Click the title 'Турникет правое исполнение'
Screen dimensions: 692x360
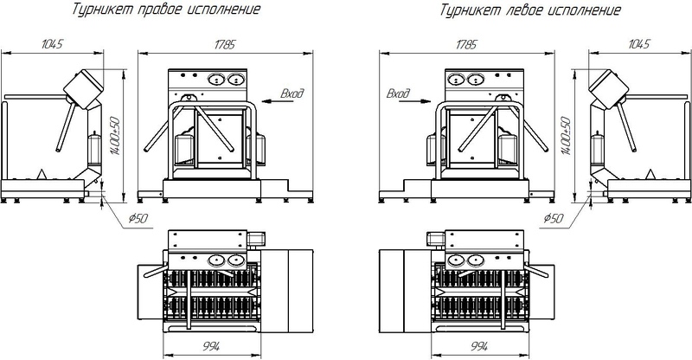click(166, 9)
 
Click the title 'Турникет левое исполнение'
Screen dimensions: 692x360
click(530, 10)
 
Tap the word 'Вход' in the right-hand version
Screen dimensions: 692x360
click(292, 93)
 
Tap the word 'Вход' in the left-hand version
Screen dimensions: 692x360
click(398, 93)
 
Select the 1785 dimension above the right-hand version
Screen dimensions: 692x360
click(225, 44)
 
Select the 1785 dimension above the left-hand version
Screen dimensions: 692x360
click(466, 44)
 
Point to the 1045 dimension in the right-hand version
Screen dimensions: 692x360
click(53, 44)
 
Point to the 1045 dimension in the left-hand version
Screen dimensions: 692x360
click(639, 44)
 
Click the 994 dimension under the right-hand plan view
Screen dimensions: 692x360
click(211, 346)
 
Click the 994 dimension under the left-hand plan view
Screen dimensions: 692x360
click(479, 346)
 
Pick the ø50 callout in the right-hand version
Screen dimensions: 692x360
click(138, 218)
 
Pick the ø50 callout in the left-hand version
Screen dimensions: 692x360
click(554, 218)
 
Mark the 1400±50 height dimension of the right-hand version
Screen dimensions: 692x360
click(116, 136)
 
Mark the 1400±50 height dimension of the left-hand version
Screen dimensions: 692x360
click(567, 136)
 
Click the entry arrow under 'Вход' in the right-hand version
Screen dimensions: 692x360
click(277, 101)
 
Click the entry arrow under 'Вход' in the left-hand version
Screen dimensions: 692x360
click(414, 101)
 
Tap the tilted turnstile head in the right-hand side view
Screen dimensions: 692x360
click(84, 89)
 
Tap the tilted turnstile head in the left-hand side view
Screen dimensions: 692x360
click(609, 89)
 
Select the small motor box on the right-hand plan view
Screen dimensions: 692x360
click(255, 239)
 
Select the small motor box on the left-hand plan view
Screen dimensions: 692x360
click(436, 239)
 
